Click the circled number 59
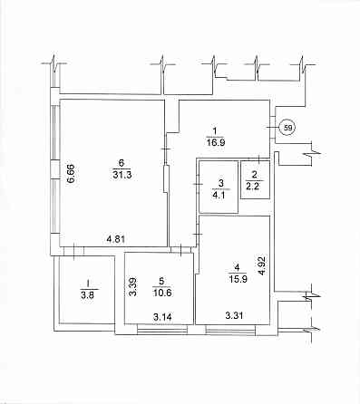tap(287, 129)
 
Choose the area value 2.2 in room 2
tap(255, 185)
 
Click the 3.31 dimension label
tap(235, 316)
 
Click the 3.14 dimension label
tap(162, 316)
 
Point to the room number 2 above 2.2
tap(255, 174)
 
